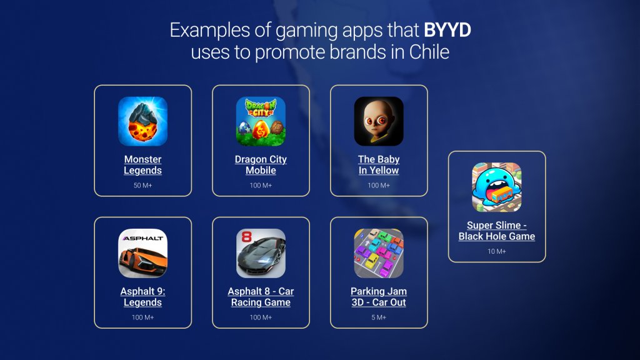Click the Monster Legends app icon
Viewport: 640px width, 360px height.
click(x=142, y=121)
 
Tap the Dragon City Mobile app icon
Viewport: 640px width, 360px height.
click(x=261, y=121)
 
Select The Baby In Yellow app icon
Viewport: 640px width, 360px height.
click(x=379, y=121)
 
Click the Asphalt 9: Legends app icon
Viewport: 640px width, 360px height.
click(x=142, y=253)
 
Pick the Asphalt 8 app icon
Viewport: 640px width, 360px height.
click(x=261, y=253)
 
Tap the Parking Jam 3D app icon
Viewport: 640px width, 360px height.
click(x=379, y=253)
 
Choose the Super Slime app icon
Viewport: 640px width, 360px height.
click(x=497, y=187)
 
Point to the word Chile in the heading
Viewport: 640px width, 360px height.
click(x=429, y=52)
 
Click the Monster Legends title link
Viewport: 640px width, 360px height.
click(x=142, y=165)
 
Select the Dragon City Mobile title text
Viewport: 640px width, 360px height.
click(x=261, y=165)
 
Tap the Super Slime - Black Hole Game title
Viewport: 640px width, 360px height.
click(x=497, y=231)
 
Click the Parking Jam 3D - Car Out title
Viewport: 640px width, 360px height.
click(x=379, y=297)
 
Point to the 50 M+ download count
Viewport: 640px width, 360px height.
click(x=142, y=186)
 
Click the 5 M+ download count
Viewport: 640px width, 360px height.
click(x=379, y=317)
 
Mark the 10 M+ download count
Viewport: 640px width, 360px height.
click(x=497, y=251)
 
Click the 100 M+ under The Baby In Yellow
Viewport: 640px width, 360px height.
click(x=379, y=186)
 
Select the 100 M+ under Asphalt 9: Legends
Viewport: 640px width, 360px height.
click(x=142, y=317)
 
